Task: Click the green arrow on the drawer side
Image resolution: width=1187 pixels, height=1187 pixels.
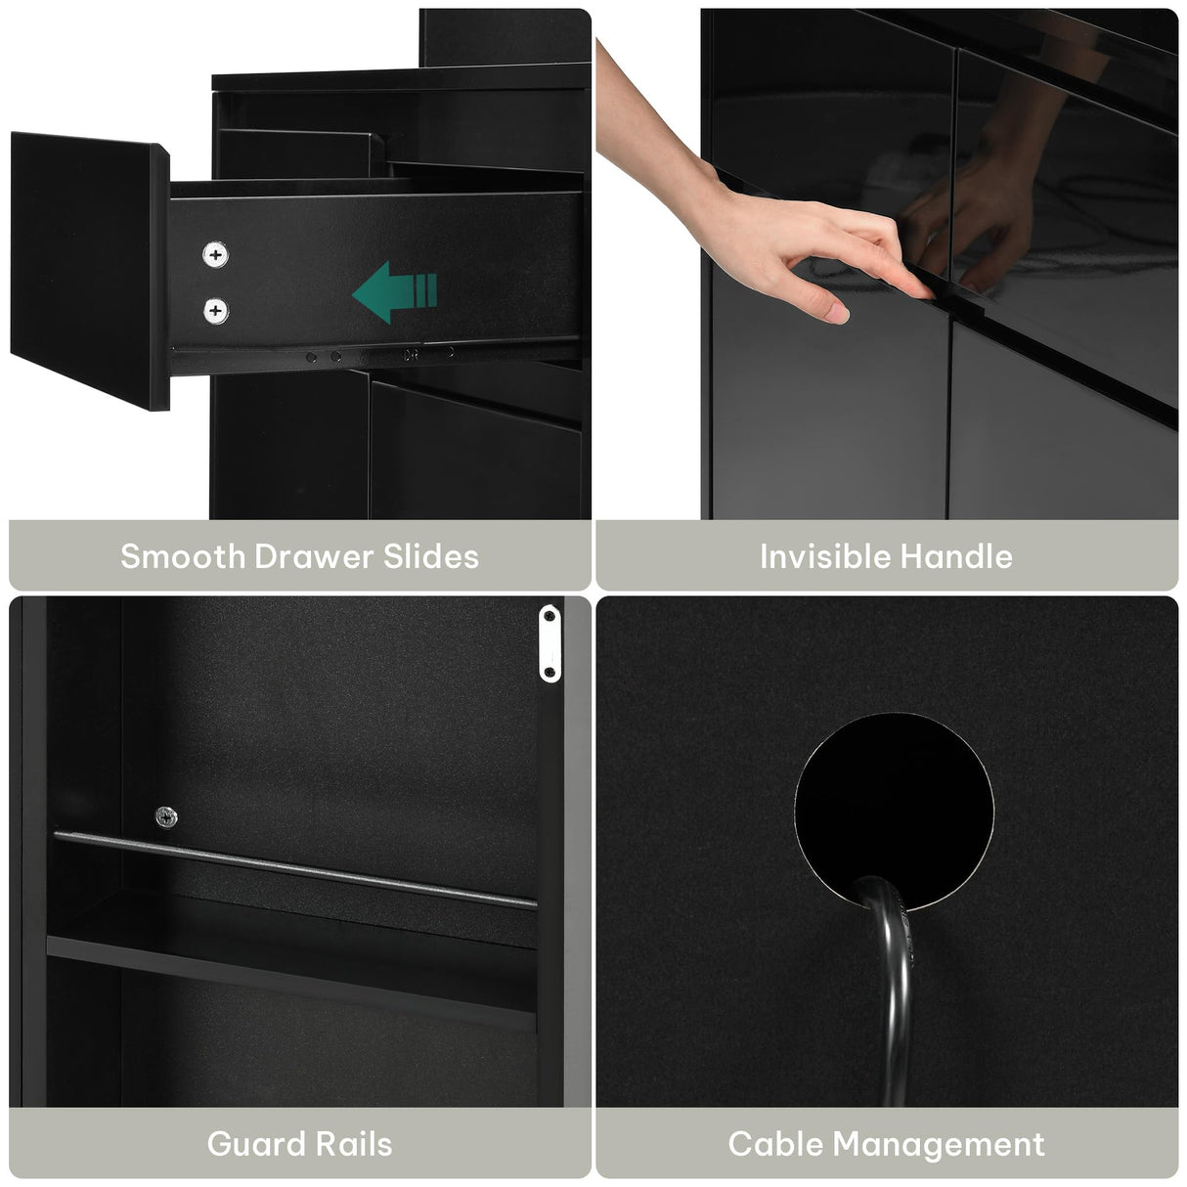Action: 394,292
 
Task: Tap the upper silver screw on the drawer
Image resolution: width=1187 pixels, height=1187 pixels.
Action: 215,254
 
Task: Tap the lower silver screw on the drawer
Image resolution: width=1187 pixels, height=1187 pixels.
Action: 215,311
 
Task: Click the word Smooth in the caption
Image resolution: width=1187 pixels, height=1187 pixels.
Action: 183,556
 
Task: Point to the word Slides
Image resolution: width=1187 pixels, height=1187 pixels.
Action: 431,556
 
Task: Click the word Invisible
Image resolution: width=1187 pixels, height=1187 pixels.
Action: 825,556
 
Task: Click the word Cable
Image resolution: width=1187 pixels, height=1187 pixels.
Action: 776,1144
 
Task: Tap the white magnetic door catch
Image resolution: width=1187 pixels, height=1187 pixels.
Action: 550,643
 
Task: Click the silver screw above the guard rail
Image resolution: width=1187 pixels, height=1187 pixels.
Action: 166,817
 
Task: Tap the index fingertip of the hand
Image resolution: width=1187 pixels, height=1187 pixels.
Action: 924,292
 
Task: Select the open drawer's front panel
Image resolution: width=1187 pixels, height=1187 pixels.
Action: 90,271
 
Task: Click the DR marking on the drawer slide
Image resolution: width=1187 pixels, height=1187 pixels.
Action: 411,356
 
